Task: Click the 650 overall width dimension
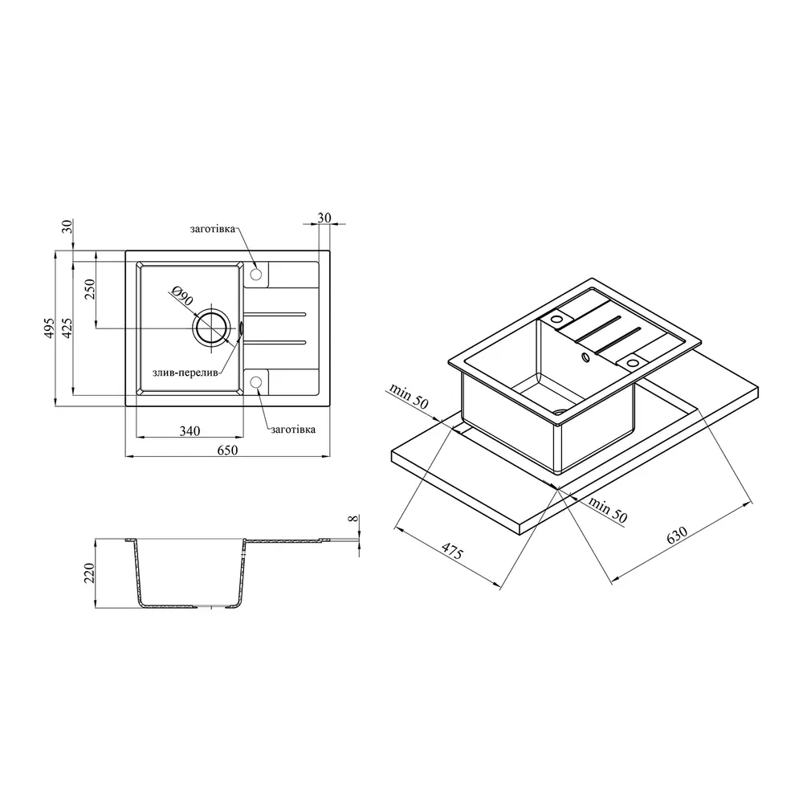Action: pos(227,450)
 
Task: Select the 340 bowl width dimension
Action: pos(190,431)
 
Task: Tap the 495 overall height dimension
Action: pos(49,328)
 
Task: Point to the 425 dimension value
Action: pos(67,328)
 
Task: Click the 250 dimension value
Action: pos(90,289)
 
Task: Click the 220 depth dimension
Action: pos(90,573)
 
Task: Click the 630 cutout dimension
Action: pos(676,535)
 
